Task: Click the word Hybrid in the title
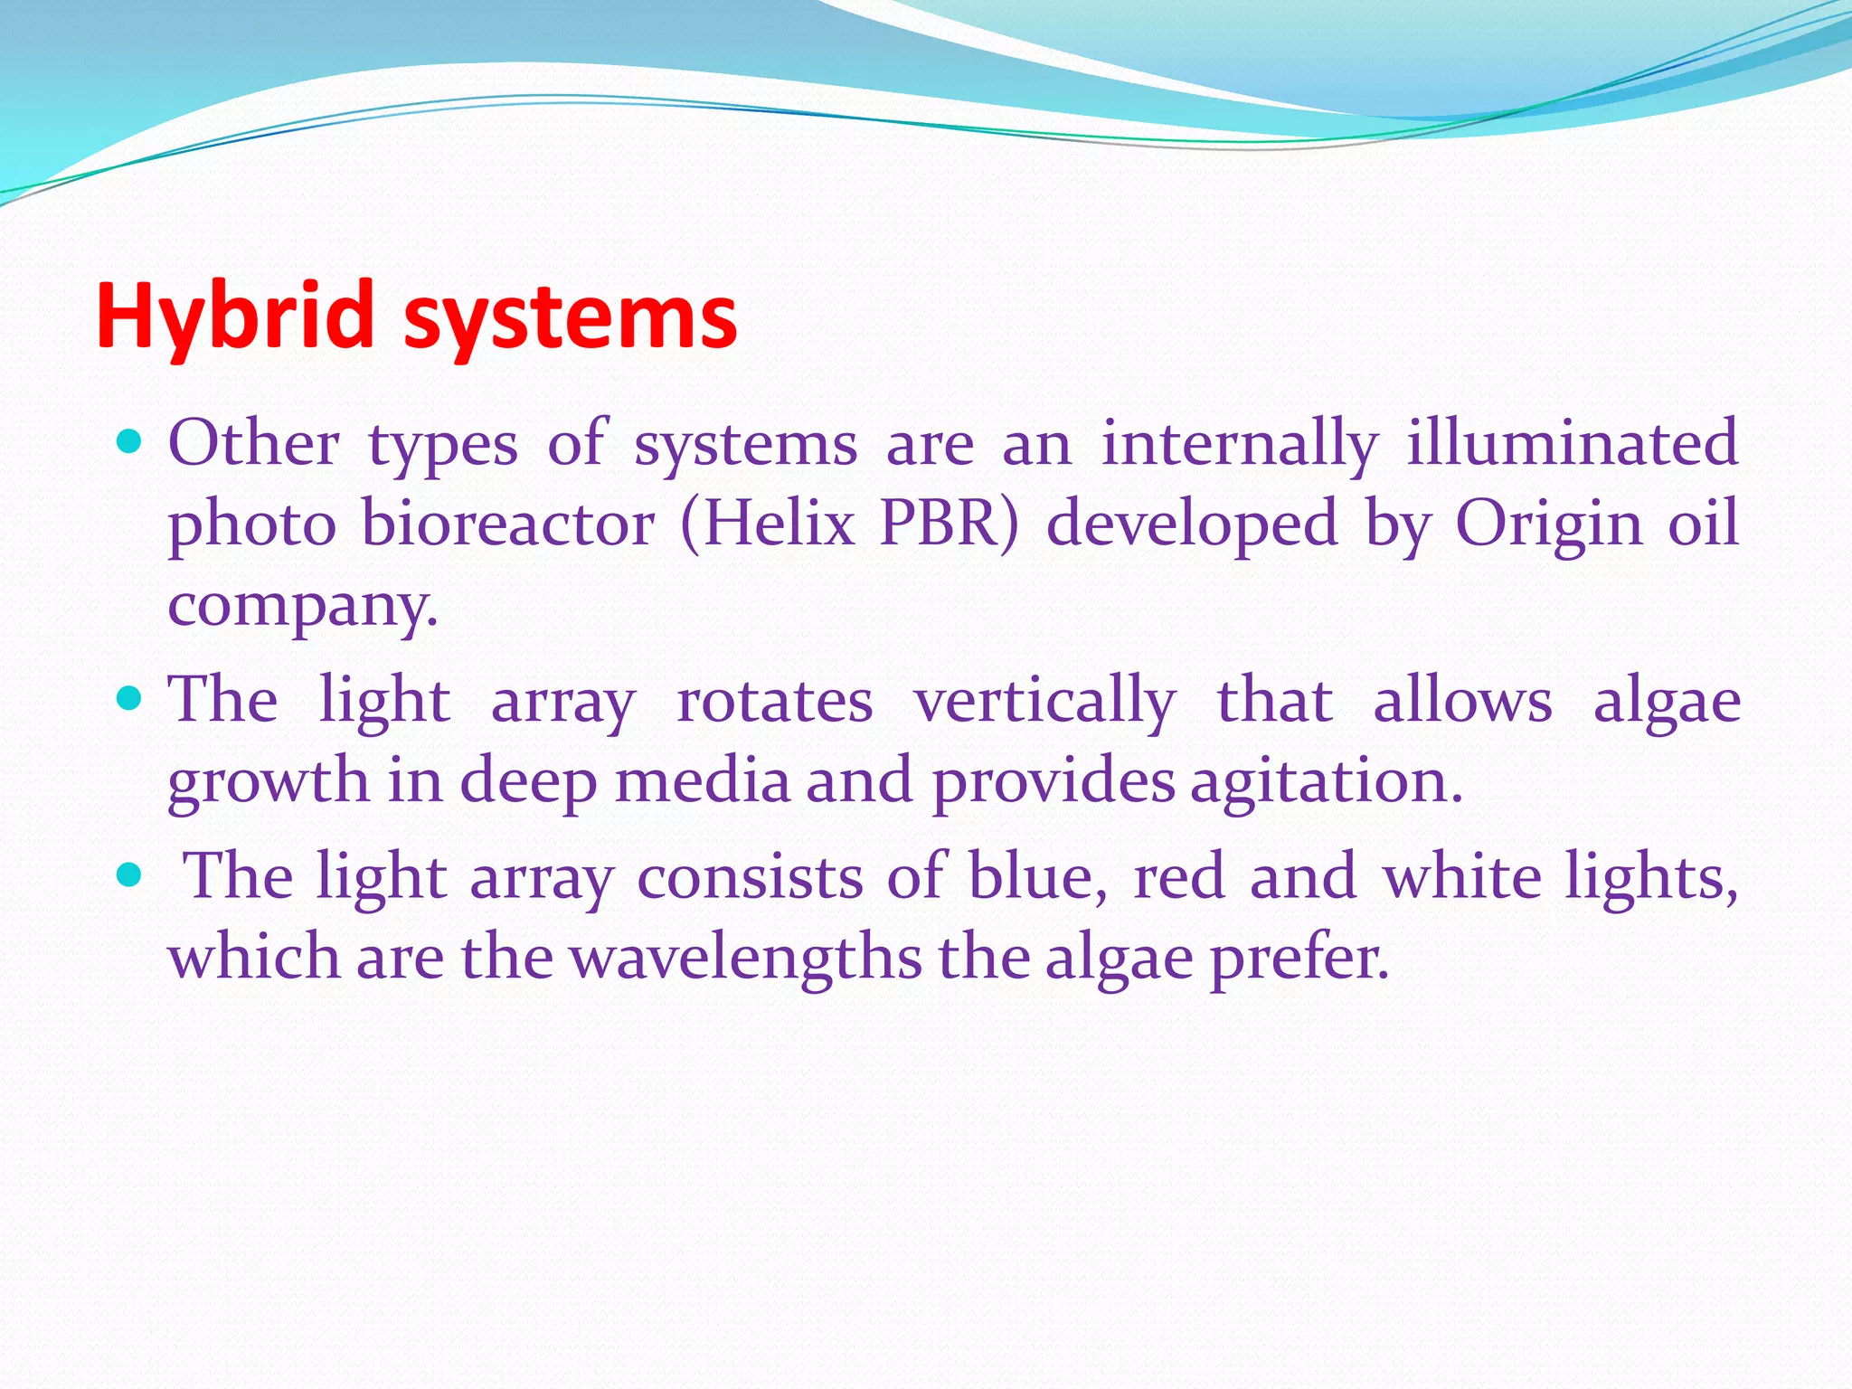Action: point(234,316)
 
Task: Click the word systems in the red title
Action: point(570,318)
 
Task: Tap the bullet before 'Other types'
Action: point(130,442)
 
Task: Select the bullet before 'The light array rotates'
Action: point(130,698)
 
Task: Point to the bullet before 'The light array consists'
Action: point(130,874)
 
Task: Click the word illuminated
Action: point(1572,443)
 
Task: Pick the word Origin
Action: point(1547,525)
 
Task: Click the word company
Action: point(301,606)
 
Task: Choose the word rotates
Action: point(774,701)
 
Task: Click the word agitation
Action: point(1325,781)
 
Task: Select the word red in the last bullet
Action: point(1179,876)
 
